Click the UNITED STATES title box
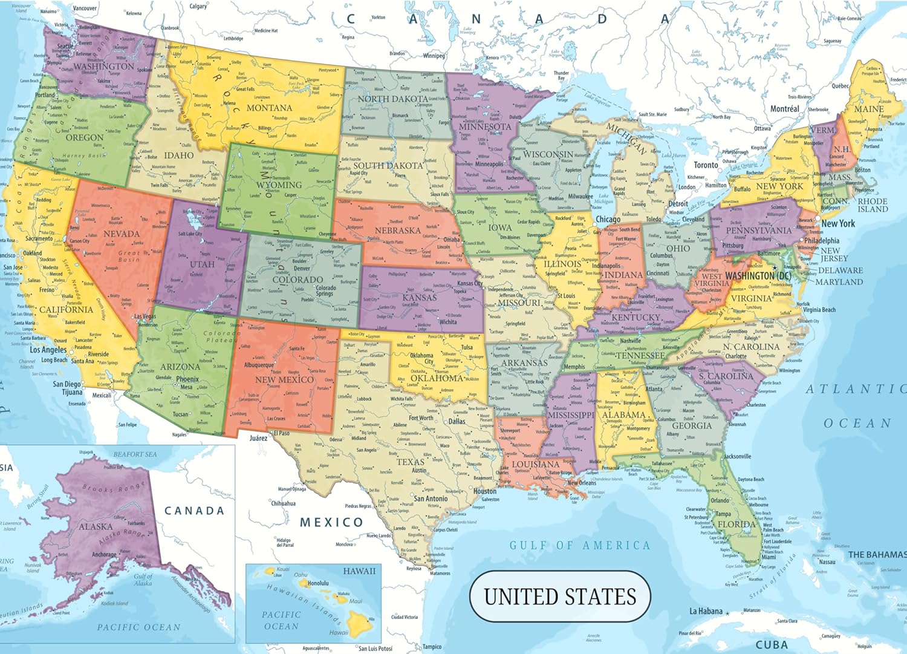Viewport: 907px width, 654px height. [560, 597]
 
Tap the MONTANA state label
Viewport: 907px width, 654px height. [269, 108]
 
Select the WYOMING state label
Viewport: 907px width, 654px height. [279, 185]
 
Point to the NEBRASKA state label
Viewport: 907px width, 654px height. [397, 231]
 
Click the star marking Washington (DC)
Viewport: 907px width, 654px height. [775, 267]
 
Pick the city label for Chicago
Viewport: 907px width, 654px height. [608, 219]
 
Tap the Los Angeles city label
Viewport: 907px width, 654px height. [48, 350]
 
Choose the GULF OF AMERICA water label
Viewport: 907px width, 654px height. [579, 546]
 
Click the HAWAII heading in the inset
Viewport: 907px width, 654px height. [359, 571]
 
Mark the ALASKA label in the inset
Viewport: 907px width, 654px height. [96, 526]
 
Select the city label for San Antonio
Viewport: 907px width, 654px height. [431, 499]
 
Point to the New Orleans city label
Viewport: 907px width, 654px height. [581, 483]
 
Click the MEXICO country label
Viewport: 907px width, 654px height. [331, 522]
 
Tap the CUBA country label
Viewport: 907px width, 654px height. [772, 645]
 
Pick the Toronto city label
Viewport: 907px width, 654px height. [706, 165]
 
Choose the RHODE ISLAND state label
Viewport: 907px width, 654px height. [873, 205]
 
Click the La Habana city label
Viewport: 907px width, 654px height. [706, 611]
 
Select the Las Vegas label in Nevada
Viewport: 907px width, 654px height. [145, 316]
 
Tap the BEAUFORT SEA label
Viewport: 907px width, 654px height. [135, 454]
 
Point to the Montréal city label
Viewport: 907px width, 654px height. [784, 109]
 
